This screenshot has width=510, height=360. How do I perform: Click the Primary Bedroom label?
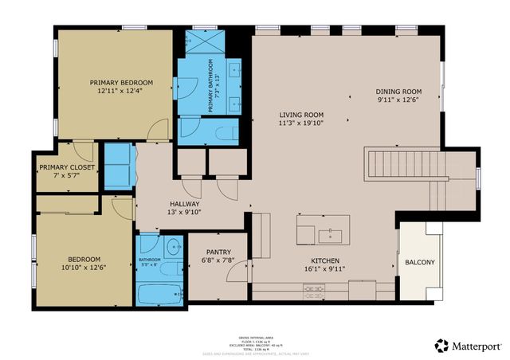[x=121, y=82]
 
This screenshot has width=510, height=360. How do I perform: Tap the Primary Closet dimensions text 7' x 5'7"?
[x=67, y=177]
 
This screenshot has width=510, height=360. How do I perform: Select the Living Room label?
[x=301, y=115]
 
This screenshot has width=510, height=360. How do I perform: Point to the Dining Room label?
[x=398, y=92]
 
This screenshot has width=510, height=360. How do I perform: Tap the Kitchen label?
[x=325, y=260]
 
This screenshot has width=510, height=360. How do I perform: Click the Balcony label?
[x=420, y=262]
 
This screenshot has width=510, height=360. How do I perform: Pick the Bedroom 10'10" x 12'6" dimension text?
[x=84, y=268]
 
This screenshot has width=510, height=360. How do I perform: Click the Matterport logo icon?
[x=441, y=345]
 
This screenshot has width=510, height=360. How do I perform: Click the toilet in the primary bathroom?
[x=224, y=131]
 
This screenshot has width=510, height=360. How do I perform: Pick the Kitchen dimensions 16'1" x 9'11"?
[x=325, y=269]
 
